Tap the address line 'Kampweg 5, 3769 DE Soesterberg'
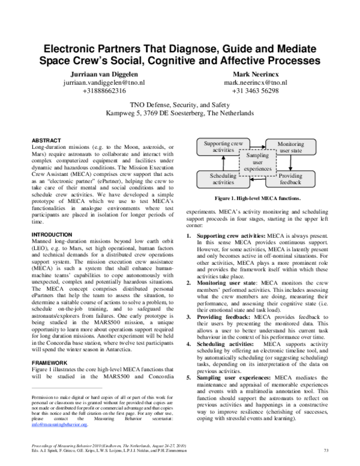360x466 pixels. click(179, 112)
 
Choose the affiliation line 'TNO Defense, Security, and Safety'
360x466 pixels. click(179, 103)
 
